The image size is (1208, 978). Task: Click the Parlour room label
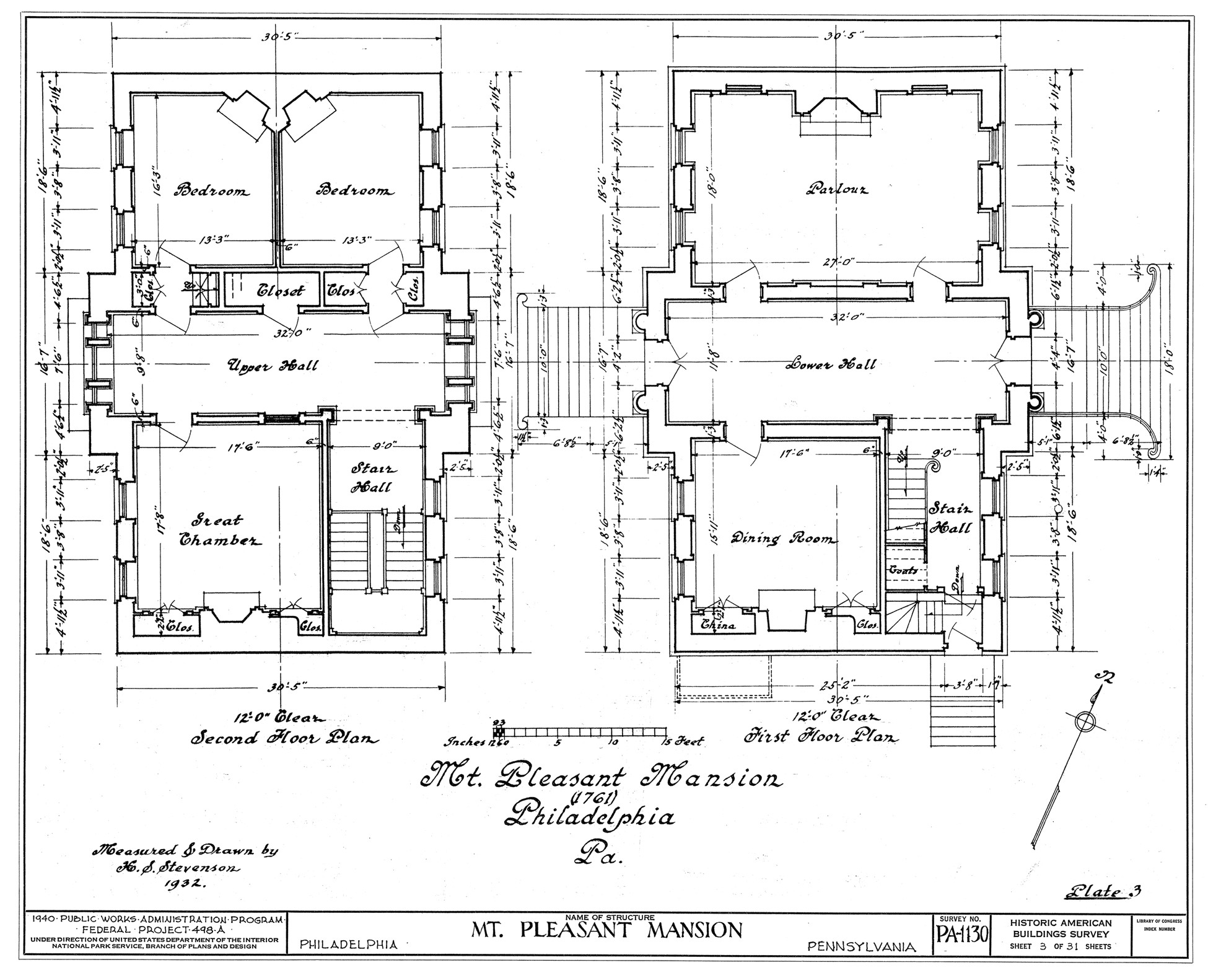point(836,189)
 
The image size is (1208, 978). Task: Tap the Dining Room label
point(782,539)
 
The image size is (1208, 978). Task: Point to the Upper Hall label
point(273,366)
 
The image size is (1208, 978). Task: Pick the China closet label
point(718,625)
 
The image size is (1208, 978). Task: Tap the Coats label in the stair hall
point(904,570)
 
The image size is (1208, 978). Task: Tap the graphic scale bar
point(585,732)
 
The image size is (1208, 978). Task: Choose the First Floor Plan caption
point(821,738)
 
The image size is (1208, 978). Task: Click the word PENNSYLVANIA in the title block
point(862,946)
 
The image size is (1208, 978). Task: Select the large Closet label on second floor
point(281,291)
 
